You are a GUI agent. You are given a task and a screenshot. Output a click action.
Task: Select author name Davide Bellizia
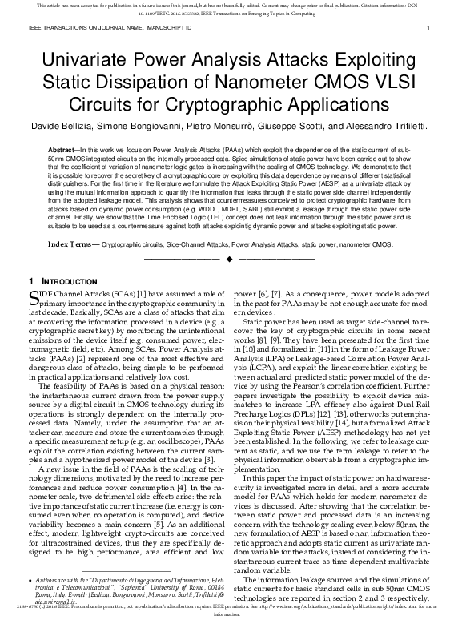pos(59,127)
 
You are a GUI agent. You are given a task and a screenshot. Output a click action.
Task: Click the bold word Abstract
pos(63,150)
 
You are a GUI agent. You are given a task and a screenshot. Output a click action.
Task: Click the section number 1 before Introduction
pos(30,282)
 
